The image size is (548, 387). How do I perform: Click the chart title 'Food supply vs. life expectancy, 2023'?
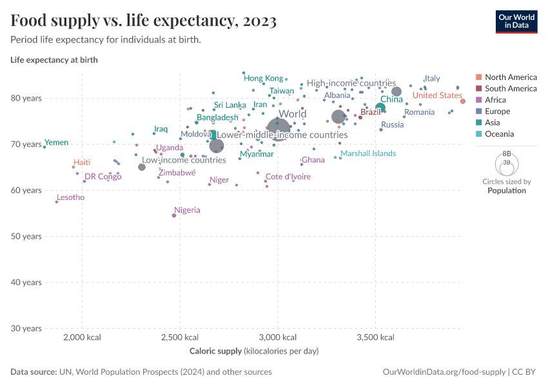pos(144,21)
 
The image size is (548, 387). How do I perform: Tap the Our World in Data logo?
pos(516,21)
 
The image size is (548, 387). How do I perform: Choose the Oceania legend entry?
pos(499,134)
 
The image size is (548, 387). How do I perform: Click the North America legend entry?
pos(510,77)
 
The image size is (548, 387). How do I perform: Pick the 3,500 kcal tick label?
pos(376,337)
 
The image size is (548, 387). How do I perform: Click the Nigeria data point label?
pos(187,210)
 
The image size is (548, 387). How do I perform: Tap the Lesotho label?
pos(70,197)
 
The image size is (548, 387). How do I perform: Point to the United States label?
pos(437,95)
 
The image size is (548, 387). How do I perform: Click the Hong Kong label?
pos(263,78)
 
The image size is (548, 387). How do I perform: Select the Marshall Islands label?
pos(368,154)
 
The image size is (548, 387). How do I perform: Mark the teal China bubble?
pos(380,108)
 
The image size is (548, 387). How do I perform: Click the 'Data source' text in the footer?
pos(34,372)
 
